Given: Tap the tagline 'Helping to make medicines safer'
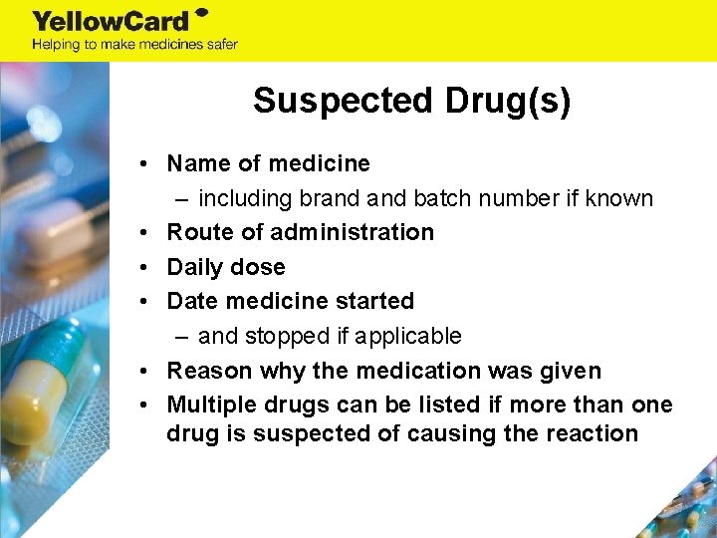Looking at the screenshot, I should (134, 44).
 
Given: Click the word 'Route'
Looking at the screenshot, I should (199, 232).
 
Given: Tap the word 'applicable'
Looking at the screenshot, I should (405, 336).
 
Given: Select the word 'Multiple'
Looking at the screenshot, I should (209, 404).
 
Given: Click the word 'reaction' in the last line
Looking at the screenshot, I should (592, 433).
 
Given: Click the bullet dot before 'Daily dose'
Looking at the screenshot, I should (145, 267).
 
